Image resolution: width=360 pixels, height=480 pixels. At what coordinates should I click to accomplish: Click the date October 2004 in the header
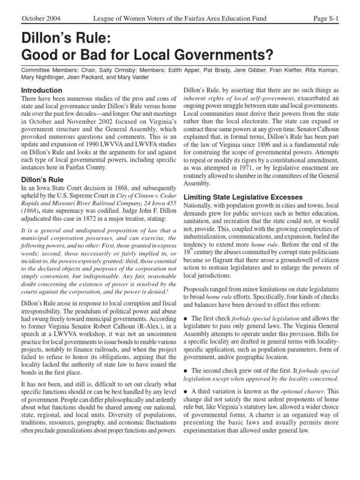click(41, 18)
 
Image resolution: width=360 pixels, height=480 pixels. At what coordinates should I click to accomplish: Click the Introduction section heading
click(42, 90)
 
